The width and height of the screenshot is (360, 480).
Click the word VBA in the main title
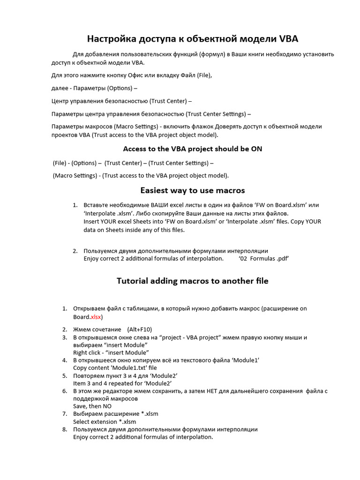point(285,39)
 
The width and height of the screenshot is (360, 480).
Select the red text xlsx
point(96,317)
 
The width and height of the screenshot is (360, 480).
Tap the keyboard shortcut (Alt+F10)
point(139,330)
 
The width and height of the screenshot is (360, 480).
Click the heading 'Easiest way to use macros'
point(192,190)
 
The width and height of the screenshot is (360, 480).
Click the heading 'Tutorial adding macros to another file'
point(192,281)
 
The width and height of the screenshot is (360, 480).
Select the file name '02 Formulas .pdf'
point(263,259)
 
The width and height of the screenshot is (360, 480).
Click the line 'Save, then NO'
point(92,406)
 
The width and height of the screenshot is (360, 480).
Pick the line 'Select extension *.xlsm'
point(105,421)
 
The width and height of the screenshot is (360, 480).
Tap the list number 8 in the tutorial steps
point(65,429)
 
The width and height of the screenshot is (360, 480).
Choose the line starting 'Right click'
point(111,352)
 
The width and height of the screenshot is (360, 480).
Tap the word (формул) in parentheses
point(212,54)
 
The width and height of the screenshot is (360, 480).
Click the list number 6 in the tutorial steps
point(65,391)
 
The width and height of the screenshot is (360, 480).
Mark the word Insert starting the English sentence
point(91,221)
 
